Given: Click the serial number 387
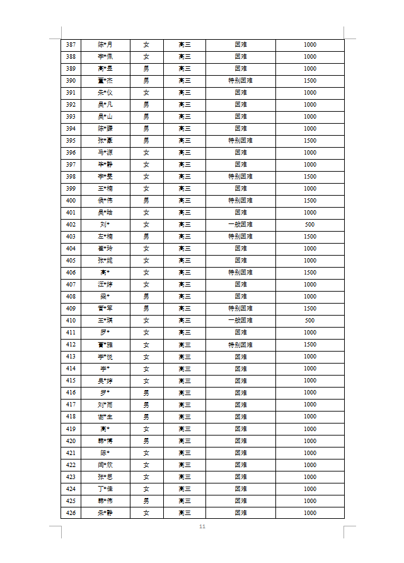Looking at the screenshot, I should [71, 45].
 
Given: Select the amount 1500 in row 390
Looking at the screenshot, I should [309, 81].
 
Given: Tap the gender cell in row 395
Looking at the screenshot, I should [146, 141].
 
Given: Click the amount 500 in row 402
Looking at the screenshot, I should [309, 225].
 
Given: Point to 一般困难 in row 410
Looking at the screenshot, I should [240, 321].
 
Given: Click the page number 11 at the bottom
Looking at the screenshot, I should [202, 527].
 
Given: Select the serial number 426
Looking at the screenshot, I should [71, 513].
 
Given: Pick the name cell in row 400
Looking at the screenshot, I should [105, 201].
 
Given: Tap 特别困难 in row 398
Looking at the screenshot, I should [240, 177].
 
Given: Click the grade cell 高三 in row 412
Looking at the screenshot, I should [184, 345].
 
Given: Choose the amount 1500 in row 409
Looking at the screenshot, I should [309, 309].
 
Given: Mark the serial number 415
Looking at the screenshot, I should [71, 381].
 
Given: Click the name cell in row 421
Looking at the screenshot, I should [105, 453].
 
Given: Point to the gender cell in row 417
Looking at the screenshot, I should [146, 405].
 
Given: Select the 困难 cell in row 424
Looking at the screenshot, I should [240, 489].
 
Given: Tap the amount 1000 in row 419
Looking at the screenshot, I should [309, 429].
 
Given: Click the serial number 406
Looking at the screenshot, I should [71, 273].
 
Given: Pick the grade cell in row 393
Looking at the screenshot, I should [184, 117].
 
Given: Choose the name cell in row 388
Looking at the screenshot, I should [105, 57].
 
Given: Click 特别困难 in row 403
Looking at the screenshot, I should [240, 237].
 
